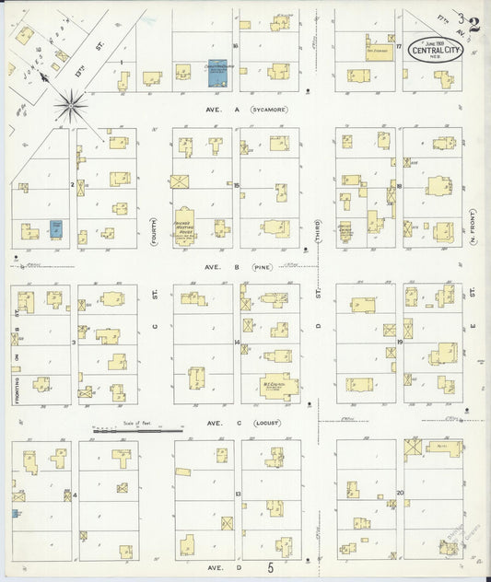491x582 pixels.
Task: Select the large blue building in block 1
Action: (x=217, y=75)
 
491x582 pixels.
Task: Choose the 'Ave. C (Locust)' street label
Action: (x=244, y=423)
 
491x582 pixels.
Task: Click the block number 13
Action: (x=238, y=494)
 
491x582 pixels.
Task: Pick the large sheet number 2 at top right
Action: (x=473, y=24)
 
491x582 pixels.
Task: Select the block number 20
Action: (x=400, y=493)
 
